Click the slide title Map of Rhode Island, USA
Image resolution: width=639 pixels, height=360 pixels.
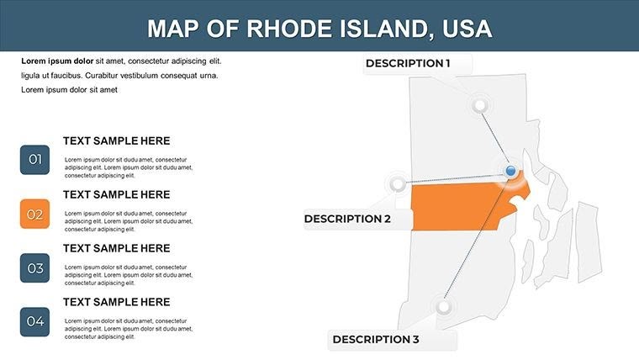(319, 28)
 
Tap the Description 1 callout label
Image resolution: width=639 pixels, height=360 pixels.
(408, 63)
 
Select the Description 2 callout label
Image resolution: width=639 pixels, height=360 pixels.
(347, 219)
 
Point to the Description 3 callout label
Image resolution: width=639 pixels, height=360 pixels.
(376, 340)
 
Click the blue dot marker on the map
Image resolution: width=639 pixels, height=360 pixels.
(510, 172)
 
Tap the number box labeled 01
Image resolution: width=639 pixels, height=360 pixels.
(34, 160)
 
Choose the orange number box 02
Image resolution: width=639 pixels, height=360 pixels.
(34, 214)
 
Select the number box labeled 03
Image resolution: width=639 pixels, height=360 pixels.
(34, 268)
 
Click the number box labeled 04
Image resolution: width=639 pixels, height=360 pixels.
(34, 321)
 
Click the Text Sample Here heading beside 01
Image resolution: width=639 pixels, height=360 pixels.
(116, 141)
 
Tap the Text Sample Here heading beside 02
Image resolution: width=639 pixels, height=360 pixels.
(116, 194)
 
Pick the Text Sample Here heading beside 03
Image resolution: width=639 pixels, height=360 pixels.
(116, 248)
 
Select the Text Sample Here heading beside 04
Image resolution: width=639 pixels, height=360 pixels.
(116, 302)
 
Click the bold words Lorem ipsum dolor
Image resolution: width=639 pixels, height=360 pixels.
(57, 61)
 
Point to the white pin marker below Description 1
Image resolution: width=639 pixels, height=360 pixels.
(480, 106)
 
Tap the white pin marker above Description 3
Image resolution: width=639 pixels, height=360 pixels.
(444, 306)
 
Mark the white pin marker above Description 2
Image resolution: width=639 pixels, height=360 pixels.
(397, 183)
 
